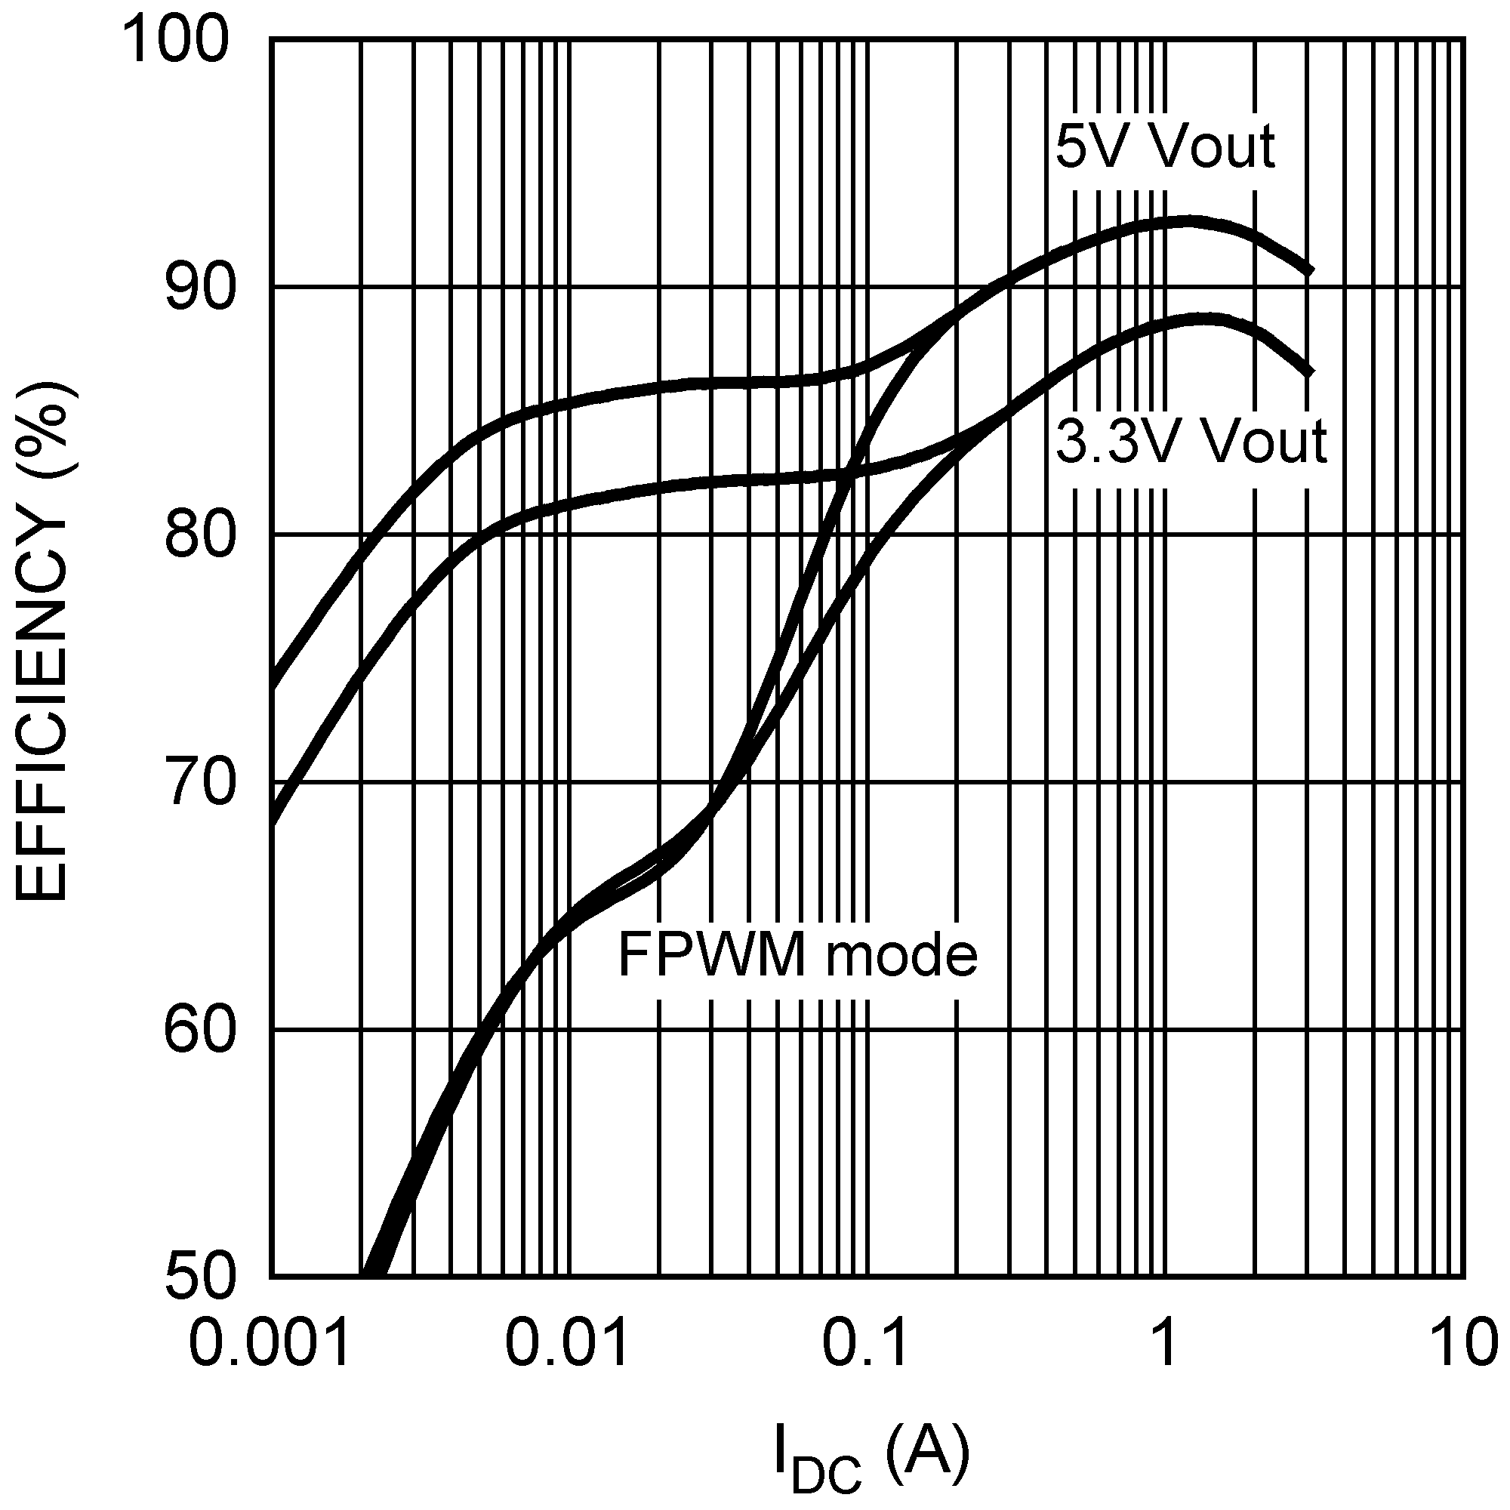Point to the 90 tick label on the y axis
[200, 288]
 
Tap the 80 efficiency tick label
[200, 535]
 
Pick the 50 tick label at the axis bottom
[200, 1279]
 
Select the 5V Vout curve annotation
[1164, 146]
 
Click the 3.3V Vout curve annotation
[1192, 442]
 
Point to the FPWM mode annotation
[797, 954]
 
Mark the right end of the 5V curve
[1311, 270]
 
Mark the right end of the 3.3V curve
[1311, 372]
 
